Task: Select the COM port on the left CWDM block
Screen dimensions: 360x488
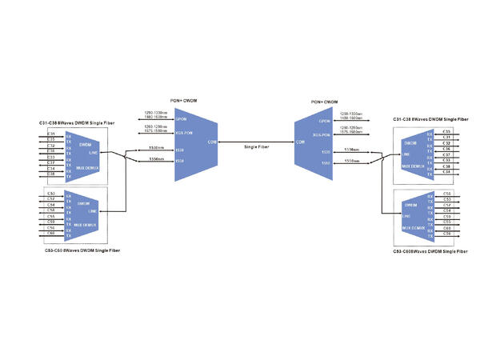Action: [212, 142]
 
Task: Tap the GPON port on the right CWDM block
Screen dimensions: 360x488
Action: [325, 121]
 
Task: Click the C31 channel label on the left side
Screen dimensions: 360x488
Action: [51, 133]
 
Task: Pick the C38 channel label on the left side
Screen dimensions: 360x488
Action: [51, 174]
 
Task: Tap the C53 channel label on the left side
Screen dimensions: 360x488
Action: [51, 194]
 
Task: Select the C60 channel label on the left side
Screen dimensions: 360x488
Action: [51, 234]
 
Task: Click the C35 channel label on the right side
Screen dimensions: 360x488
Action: [446, 131]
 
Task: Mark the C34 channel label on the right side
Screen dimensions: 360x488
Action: [446, 172]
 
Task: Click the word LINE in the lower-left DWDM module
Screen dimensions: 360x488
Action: [94, 210]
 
